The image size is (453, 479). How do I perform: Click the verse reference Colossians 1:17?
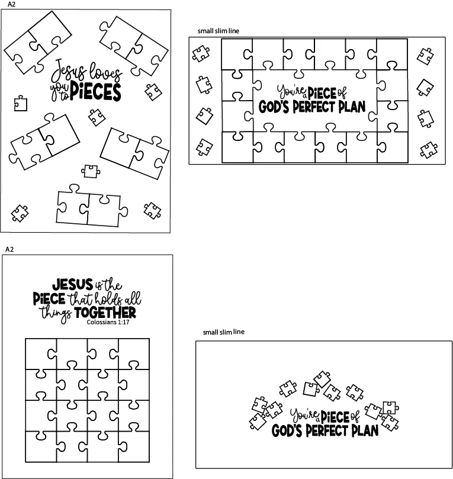[108, 322]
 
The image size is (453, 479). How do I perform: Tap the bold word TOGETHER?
[105, 313]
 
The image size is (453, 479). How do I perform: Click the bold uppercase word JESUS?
[73, 284]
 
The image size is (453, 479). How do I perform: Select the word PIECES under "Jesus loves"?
[95, 91]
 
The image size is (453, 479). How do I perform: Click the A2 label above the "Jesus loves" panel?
[11, 4]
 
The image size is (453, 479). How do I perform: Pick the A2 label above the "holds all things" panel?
[9, 249]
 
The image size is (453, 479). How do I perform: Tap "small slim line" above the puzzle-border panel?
[218, 31]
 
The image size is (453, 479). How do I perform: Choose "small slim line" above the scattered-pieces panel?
[224, 332]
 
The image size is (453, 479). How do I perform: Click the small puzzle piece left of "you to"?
[21, 103]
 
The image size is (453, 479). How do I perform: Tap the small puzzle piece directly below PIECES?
[97, 117]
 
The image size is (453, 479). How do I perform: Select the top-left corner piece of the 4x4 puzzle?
[41, 353]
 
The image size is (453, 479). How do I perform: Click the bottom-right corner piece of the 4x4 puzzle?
[134, 446]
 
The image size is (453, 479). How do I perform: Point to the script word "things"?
[56, 314]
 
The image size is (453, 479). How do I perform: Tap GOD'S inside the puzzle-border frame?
[274, 107]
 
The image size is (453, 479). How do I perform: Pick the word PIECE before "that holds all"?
[49, 299]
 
